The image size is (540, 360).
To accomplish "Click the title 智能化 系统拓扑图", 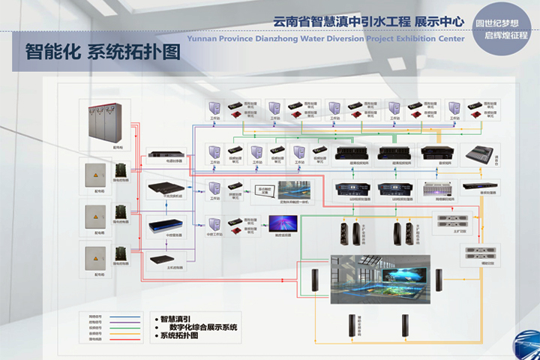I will [103, 52].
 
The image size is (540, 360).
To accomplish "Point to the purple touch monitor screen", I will [283, 223].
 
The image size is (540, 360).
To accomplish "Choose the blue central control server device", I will [166, 224].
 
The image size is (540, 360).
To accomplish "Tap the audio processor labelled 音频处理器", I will [477, 187].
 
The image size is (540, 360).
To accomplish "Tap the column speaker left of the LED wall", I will [316, 283].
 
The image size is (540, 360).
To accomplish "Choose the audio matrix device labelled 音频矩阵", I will [438, 154].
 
